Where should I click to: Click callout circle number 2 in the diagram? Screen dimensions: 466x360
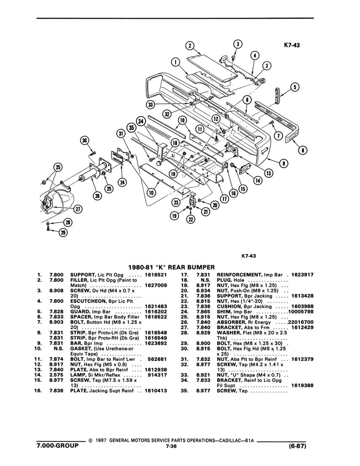coord(191,46)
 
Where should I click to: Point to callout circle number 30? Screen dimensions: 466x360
coord(84,141)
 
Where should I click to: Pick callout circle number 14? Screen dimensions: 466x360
coord(258,180)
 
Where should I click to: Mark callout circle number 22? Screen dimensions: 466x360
coord(191,220)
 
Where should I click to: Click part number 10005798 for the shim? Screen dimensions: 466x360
coord(302,311)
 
